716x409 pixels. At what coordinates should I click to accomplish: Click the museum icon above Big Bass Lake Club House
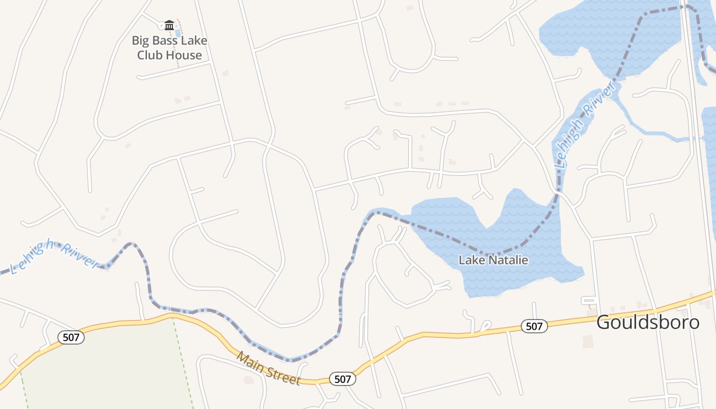169,25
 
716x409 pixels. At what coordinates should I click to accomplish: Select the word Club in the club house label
148,55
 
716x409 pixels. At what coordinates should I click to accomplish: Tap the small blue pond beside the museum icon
178,34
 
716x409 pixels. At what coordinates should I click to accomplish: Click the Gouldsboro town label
647,322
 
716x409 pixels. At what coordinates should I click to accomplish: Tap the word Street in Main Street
283,376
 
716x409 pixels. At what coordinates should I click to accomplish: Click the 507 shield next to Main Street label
342,379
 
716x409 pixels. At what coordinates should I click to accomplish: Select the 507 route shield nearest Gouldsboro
534,326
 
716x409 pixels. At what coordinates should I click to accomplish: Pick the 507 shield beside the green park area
71,337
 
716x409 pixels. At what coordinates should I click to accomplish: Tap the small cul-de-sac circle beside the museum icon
161,25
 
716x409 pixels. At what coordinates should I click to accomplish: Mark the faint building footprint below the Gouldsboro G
588,342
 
